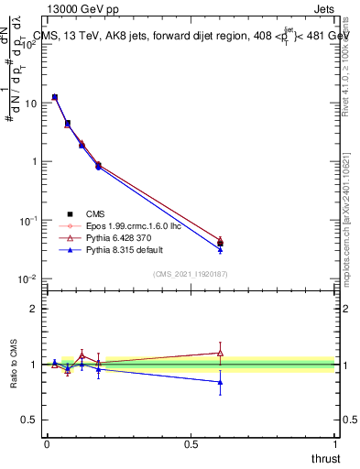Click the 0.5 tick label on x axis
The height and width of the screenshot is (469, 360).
[191, 444]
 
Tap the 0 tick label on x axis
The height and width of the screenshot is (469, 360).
[47, 444]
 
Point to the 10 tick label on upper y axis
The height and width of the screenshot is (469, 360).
[30, 103]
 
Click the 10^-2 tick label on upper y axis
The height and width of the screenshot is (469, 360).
[27, 278]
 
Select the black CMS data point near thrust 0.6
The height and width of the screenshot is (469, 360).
[220, 243]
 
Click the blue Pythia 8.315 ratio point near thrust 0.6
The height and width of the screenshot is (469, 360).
[220, 382]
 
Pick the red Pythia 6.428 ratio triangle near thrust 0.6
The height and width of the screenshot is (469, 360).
[220, 352]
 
